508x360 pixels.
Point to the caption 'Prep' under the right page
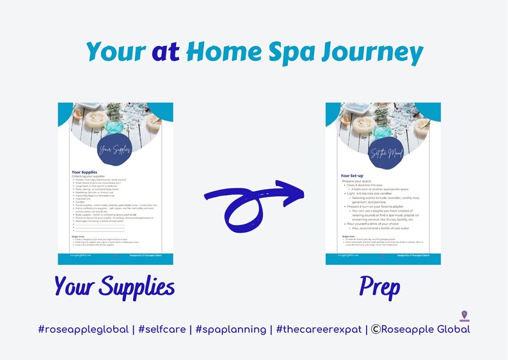point(379,287)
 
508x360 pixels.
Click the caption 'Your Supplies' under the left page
point(115,287)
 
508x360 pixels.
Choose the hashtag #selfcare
point(166,329)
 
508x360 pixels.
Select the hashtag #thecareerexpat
point(321,329)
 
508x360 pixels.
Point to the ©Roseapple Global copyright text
point(420,329)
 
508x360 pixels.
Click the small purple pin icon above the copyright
point(464,315)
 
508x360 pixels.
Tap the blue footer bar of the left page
point(115,258)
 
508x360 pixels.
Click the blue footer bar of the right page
point(383,258)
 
